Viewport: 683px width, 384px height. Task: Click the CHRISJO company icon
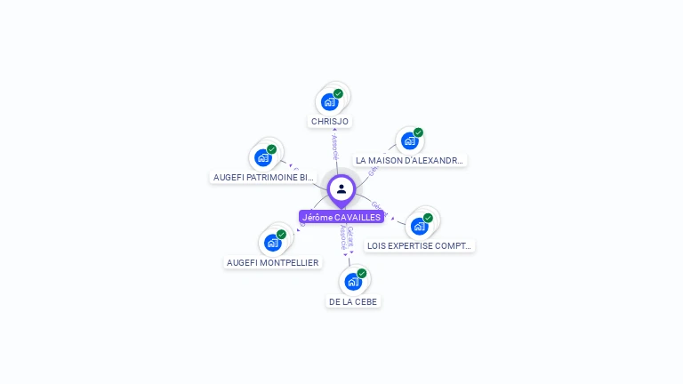(x=330, y=101)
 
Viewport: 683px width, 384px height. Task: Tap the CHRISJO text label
(x=330, y=121)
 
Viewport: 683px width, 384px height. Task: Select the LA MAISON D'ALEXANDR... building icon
(x=409, y=140)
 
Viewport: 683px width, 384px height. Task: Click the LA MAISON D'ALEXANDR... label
(x=409, y=161)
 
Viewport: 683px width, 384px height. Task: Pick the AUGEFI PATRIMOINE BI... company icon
(x=262, y=157)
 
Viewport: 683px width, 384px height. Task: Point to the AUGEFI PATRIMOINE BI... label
(x=263, y=178)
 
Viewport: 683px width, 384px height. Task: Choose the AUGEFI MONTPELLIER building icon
(x=272, y=242)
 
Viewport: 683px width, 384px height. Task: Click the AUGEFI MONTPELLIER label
(x=272, y=263)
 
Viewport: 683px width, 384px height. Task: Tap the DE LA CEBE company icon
(x=353, y=282)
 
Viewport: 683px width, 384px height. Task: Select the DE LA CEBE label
(x=353, y=302)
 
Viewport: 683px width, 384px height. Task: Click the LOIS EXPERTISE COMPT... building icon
(x=419, y=226)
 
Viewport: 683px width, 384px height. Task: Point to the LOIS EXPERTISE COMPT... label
(x=420, y=246)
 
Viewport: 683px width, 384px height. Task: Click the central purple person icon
(x=341, y=189)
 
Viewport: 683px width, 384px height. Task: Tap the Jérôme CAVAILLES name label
(x=341, y=217)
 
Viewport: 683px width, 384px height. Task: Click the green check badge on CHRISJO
(x=338, y=93)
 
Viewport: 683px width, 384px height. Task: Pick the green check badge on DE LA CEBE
(x=361, y=274)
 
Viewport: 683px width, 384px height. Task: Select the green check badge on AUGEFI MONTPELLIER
(x=281, y=235)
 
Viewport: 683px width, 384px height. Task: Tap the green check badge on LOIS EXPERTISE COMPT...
(x=428, y=218)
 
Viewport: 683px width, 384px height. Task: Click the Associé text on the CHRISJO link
(x=334, y=148)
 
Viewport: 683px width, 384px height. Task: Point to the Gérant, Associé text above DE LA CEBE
(x=345, y=238)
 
